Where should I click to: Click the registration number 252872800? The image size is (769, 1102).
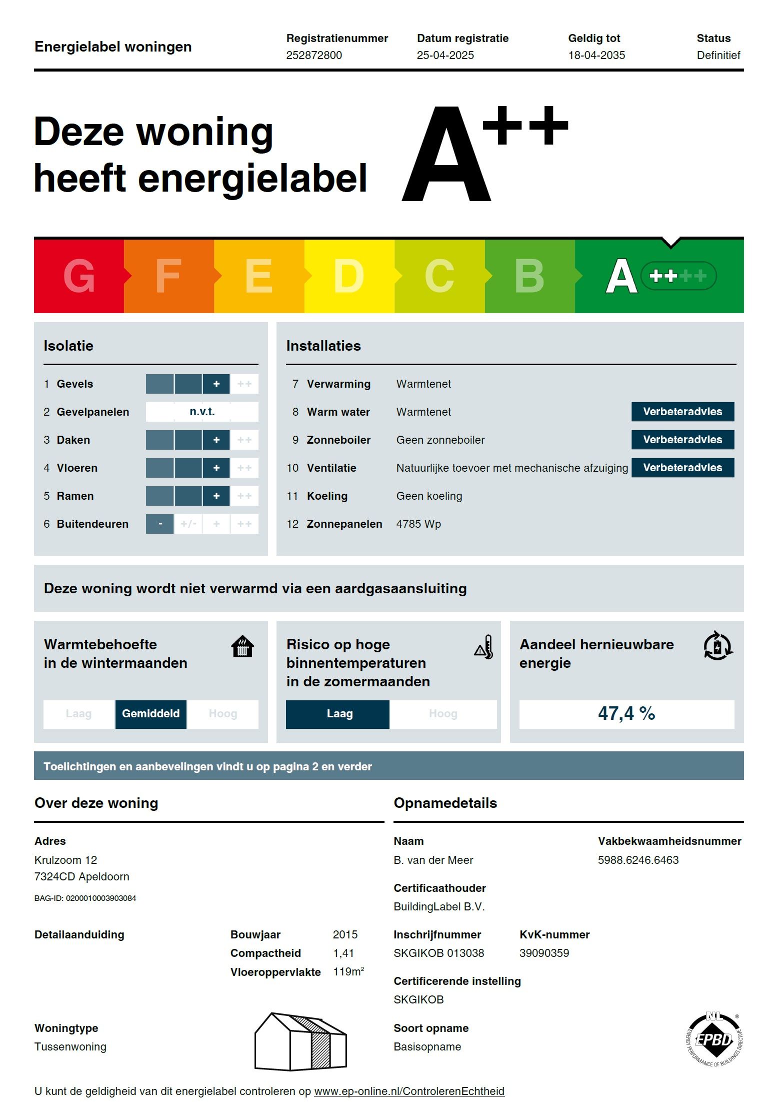(x=314, y=55)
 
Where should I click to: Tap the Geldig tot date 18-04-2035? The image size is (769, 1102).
(x=596, y=55)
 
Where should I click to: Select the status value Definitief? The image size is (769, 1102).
(x=718, y=55)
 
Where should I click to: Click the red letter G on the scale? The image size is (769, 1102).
(x=79, y=276)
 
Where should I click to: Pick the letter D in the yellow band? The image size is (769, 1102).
(x=348, y=276)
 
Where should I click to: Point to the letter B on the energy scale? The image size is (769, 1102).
(x=529, y=276)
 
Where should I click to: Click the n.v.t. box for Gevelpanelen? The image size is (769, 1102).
(x=202, y=412)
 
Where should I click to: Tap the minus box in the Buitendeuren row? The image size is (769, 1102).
(x=160, y=524)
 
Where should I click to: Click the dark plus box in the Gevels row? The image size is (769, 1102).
(x=216, y=384)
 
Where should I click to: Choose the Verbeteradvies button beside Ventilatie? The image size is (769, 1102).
(x=682, y=468)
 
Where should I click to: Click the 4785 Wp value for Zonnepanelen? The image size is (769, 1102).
(x=418, y=524)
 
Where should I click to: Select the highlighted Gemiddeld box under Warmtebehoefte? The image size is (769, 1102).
(x=150, y=714)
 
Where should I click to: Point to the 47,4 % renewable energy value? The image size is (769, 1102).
(x=626, y=714)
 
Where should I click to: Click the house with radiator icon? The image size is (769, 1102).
(x=242, y=646)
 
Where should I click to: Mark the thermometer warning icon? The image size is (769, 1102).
(x=484, y=647)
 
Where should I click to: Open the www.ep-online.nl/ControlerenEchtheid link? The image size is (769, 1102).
(x=409, y=1091)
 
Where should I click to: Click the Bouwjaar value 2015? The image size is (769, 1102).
(x=345, y=934)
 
